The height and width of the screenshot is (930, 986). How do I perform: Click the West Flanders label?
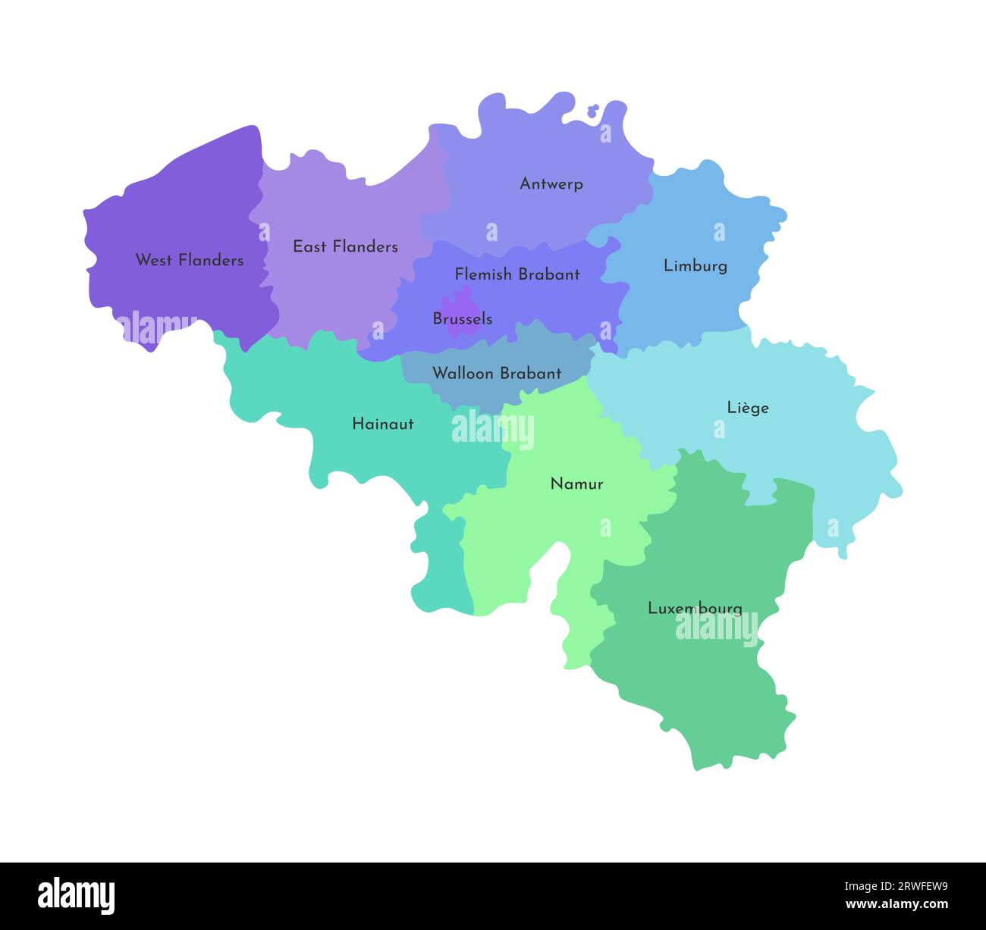190,260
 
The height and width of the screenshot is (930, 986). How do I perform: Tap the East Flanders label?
345,246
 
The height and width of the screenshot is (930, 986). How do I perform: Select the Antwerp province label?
551,183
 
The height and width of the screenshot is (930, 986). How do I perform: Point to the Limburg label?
696,265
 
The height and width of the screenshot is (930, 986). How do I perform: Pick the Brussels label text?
462,319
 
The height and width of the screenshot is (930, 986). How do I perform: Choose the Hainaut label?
383,424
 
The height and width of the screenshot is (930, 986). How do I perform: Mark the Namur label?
576,484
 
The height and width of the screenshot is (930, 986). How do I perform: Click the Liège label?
748,408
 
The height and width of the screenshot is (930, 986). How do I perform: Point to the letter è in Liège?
745,408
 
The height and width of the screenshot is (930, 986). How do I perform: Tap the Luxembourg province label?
695,608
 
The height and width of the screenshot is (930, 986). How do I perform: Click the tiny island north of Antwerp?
593,111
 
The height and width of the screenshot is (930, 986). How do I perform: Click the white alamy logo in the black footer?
77,895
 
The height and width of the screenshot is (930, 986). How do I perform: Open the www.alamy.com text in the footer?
897,904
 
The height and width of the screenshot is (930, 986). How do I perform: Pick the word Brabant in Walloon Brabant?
531,373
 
